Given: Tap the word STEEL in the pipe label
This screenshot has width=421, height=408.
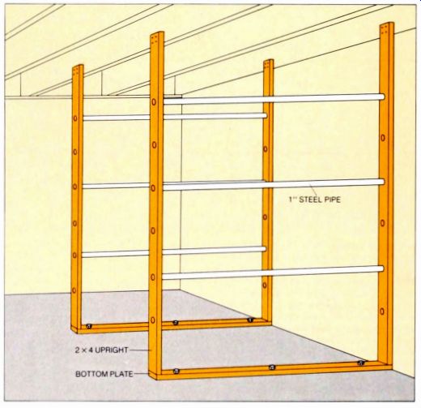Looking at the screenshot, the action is click(309, 200).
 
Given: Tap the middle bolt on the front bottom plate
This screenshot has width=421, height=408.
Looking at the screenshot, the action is click(272, 367).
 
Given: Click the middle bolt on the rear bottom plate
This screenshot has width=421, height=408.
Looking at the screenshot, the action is click(176, 322).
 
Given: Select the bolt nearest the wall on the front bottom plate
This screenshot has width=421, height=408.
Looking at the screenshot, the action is click(360, 363).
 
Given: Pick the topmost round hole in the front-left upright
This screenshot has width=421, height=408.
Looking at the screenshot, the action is click(154, 102).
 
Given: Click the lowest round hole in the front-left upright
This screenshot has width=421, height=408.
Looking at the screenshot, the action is click(153, 320).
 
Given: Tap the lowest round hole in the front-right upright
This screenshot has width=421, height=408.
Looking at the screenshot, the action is click(382, 311).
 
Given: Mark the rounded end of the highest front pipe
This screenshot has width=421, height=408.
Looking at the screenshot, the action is click(381, 97).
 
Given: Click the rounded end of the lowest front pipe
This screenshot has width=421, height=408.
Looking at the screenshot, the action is click(381, 269).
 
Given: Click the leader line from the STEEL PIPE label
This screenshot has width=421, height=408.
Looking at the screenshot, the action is click(313, 190).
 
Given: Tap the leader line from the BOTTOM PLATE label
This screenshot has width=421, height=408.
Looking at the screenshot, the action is click(141, 374).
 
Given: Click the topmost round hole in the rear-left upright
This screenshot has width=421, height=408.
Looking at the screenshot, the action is click(75, 118).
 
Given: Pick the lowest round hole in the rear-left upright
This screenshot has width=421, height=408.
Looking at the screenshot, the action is click(74, 290).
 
